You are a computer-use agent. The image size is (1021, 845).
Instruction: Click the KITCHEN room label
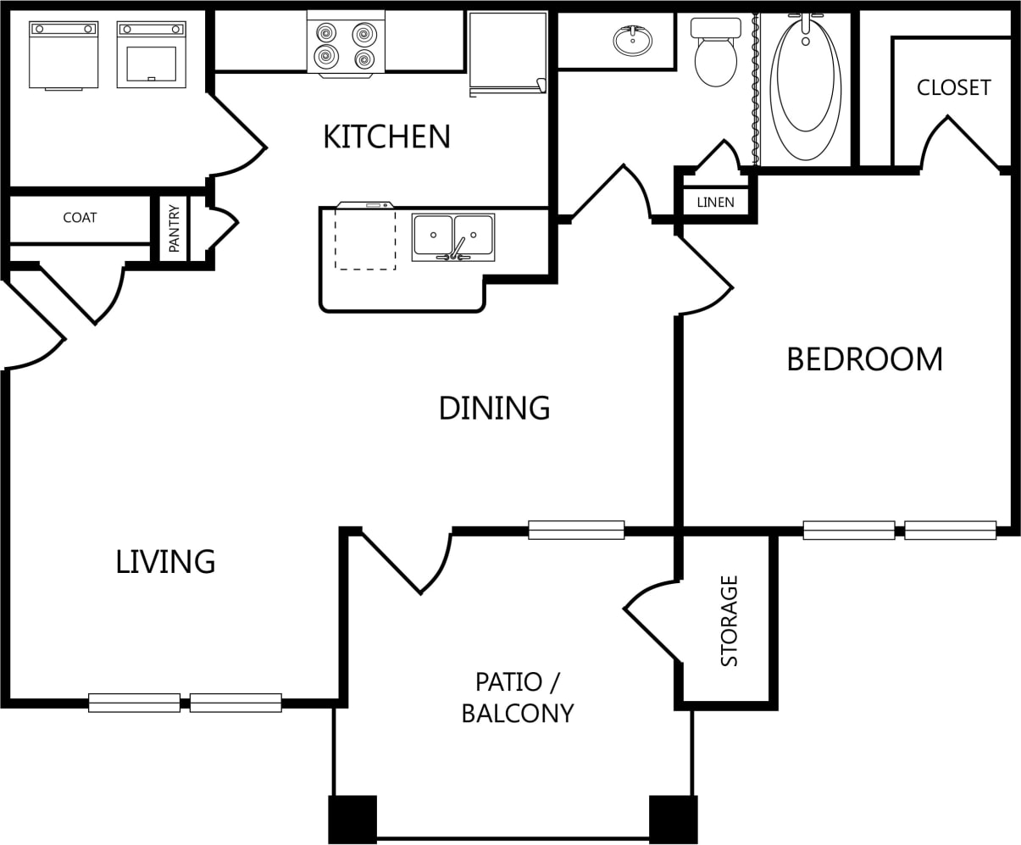pos(386,136)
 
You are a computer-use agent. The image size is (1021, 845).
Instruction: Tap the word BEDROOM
pos(864,359)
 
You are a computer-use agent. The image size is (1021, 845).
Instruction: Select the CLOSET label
pos(953,88)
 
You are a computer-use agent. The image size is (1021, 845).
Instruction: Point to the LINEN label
pos(715,202)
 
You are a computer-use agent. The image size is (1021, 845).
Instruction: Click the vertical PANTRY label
pos(174,229)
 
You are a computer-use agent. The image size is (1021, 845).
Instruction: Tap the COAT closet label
pos(80,218)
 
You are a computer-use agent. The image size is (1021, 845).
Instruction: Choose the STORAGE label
pos(729,621)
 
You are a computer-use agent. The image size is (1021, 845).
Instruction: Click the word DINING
pos(494,408)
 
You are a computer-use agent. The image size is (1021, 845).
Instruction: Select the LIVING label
pos(165,562)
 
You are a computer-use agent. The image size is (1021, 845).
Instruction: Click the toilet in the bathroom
pos(715,53)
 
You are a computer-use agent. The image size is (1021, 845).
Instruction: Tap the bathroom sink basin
pos(633,41)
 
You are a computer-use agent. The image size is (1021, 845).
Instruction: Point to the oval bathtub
pos(805,86)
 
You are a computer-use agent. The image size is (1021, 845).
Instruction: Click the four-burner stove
pos(346,44)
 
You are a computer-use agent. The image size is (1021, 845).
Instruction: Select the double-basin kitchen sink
pos(453,237)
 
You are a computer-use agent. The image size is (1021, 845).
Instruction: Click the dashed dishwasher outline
pos(365,239)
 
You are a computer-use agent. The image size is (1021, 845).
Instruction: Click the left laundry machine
pos(64,55)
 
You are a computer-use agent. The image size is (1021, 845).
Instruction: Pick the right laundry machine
pos(152,55)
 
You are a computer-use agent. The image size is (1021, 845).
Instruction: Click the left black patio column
pos(352,819)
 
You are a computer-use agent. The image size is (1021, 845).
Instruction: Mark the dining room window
pos(576,530)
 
